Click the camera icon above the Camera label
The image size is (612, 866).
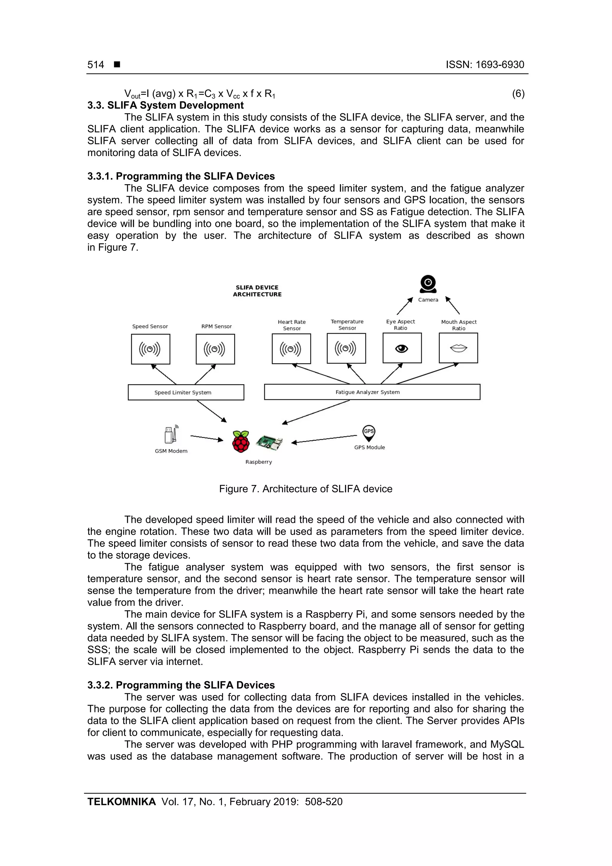coord(428,284)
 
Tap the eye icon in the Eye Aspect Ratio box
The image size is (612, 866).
coord(402,349)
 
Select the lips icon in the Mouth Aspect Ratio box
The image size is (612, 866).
coord(458,348)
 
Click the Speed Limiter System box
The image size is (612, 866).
coord(186,392)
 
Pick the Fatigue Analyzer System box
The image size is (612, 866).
coord(372,392)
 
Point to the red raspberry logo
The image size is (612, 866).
coord(241,441)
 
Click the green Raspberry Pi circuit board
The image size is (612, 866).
coord(269,442)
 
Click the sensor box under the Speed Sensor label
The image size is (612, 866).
coord(150,349)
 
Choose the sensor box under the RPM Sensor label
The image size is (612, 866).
coord(215,349)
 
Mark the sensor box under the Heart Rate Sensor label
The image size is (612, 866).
coord(291,349)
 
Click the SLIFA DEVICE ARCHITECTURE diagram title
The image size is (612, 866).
coord(257,291)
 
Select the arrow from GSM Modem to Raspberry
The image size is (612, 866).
coord(206,438)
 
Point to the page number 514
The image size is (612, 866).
coord(96,65)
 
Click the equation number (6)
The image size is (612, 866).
coord(518,94)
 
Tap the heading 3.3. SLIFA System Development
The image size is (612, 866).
coord(166,105)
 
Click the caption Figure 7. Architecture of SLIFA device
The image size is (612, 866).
coord(305,489)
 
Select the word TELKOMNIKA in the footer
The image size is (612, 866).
coord(121,802)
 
